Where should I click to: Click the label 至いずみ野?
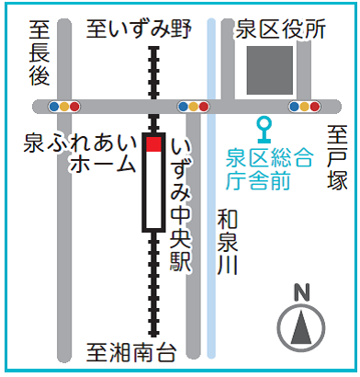(139, 30)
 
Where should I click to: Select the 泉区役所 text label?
(280, 30)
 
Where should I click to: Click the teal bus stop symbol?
(264, 125)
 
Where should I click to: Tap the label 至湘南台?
(130, 351)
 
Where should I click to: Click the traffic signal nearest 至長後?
(66, 106)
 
